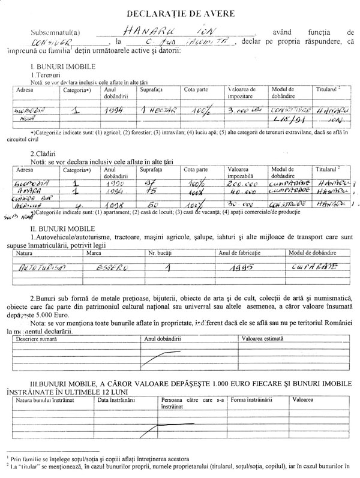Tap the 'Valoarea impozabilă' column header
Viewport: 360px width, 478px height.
[244, 173]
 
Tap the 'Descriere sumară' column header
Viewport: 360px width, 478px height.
[37, 338]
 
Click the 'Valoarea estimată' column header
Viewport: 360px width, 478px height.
[265, 338]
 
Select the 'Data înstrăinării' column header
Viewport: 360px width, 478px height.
[116, 399]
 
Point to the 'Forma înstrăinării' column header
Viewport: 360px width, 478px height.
[251, 399]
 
